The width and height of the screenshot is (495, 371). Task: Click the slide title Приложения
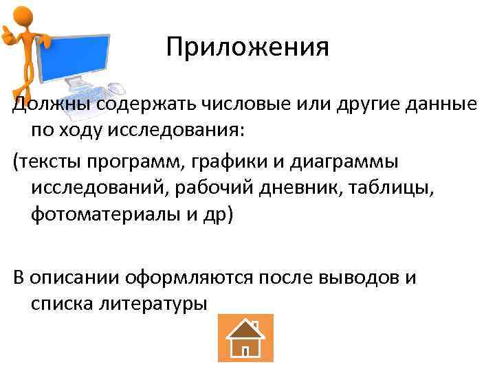[247, 47]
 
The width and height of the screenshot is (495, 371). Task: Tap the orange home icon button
[245, 337]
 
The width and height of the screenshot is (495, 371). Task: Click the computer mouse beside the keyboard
[118, 89]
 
